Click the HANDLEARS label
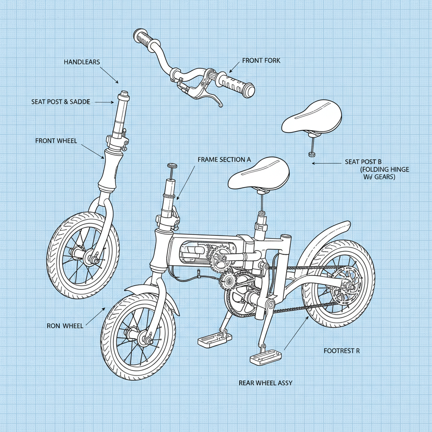[x=82, y=62]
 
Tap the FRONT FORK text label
[x=261, y=61]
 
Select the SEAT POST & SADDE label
[x=60, y=102]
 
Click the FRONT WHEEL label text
[x=56, y=140]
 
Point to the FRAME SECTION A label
[x=224, y=160]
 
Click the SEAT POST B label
[x=363, y=162]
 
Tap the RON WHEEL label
[x=65, y=326]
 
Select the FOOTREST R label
[x=342, y=351]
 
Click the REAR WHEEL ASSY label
[x=265, y=383]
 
